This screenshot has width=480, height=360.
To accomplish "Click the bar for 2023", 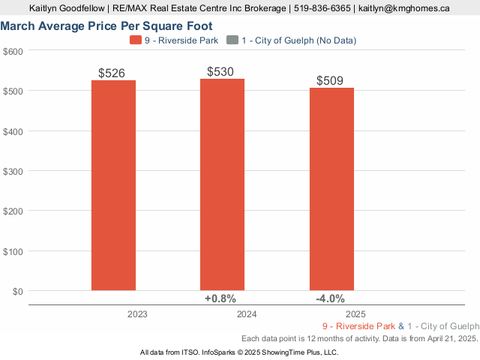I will tap(113, 185).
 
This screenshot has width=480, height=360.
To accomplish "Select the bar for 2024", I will tap(222, 184).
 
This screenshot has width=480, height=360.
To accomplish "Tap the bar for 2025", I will tap(331, 189).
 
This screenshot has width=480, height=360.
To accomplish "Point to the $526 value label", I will tap(112, 73).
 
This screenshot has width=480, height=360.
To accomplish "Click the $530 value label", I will tap(220, 72).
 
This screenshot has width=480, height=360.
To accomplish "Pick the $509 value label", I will tap(330, 80).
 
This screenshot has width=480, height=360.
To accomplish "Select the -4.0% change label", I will tap(330, 298).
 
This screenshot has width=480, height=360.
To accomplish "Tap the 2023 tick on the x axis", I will tap(137, 314).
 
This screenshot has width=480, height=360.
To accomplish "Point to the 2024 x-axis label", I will tap(247, 314).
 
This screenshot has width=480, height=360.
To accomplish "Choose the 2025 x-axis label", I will tap(355, 314).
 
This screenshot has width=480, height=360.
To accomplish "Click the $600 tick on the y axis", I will tap(13, 51).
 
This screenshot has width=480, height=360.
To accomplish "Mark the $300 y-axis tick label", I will tap(13, 171).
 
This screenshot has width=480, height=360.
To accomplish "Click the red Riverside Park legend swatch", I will tap(135, 40).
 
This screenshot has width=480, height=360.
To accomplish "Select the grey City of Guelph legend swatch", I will tap(232, 40).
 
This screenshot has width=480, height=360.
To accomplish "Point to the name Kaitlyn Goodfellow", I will tap(67, 8).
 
